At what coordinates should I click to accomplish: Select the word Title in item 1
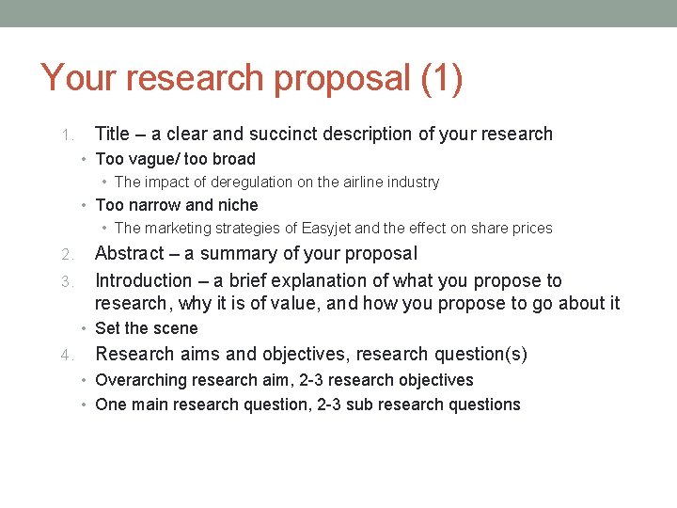pos(113,134)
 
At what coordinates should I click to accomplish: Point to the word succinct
pos(362,134)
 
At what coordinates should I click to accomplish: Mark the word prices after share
pos(532,228)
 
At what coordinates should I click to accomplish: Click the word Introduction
pos(143,280)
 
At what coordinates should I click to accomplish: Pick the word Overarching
pos(143,380)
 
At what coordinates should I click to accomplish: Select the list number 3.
pos(66,281)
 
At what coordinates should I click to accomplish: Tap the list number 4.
pos(66,355)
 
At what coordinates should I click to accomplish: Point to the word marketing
pos(180,228)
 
